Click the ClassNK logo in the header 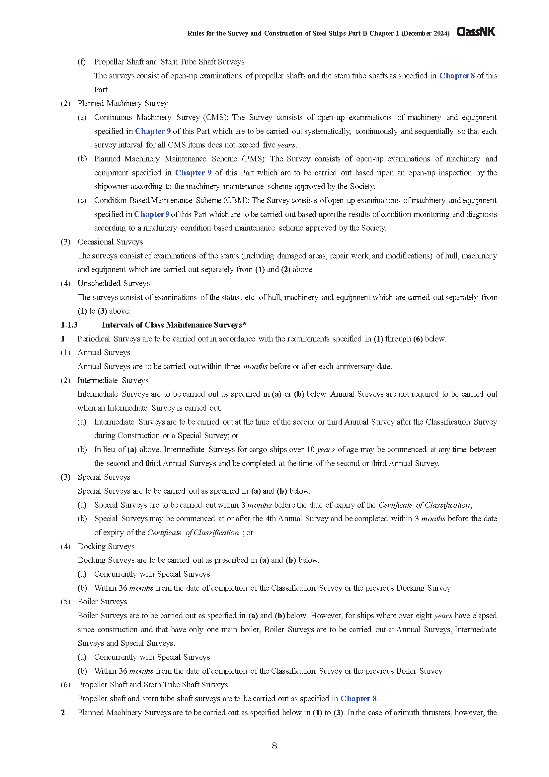[476, 32]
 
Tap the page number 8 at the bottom [274, 746]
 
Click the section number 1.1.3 [69, 325]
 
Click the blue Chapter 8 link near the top [457, 76]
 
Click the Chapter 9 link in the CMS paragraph [153, 131]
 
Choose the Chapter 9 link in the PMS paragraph [193, 173]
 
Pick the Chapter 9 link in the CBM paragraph [151, 214]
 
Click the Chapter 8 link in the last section [358, 699]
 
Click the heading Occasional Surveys [110, 242]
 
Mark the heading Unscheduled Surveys [114, 284]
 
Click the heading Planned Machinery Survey [123, 104]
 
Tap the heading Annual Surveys [104, 353]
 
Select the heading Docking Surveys [106, 546]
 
